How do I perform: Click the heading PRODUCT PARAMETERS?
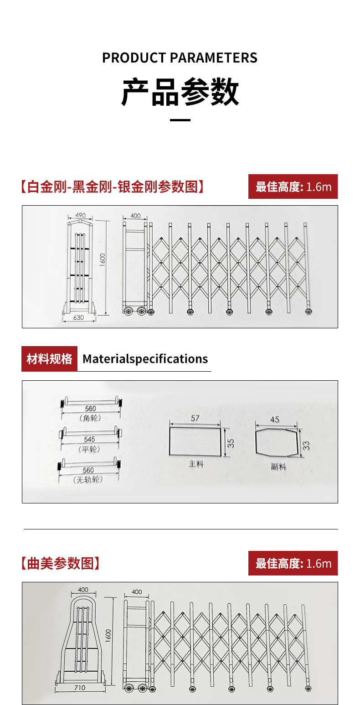pos(180,58)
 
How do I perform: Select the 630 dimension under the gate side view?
pos(79,317)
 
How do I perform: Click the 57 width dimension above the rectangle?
pos(195,418)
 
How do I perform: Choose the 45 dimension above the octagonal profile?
pos(275,419)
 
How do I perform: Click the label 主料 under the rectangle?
pos(196,464)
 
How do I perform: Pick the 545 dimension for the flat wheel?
pos(89,439)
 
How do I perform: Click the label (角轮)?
pos(90,418)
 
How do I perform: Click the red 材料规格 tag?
pos(49,359)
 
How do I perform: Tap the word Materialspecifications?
pos(145,359)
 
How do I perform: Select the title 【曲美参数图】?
pos(60,564)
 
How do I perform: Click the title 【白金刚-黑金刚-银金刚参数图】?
pos(112,187)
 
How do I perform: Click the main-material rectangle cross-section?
pos(195,441)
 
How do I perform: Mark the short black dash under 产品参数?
pos(180,120)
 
